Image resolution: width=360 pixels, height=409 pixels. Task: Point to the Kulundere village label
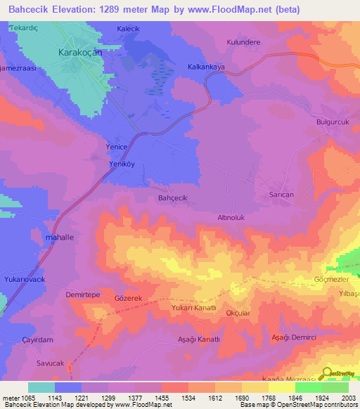[x=244, y=42]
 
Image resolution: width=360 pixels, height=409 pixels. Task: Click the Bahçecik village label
[x=172, y=198]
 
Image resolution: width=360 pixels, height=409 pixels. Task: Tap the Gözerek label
[x=129, y=299]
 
